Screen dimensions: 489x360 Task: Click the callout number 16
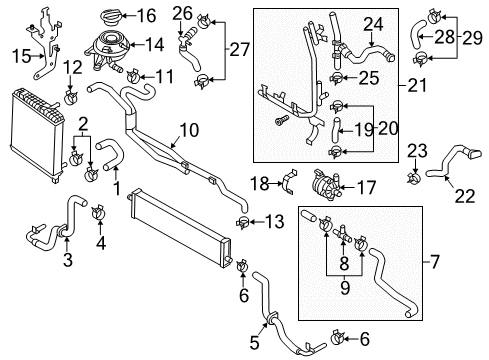pos(147,16)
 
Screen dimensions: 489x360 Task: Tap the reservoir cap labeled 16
pos(111,17)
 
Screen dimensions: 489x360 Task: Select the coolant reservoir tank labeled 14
pos(106,50)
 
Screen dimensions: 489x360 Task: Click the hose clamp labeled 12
pos(71,97)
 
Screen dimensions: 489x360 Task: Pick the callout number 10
pos(189,130)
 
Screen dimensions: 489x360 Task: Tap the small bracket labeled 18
pos(289,182)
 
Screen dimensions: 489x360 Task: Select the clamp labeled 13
pos(243,222)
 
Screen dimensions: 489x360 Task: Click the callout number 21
pos(417,85)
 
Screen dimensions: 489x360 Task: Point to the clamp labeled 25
pos(336,78)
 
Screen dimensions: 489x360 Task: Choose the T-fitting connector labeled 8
pos(342,233)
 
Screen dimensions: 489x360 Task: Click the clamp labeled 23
pos(414,177)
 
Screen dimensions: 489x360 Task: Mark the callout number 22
pos(465,196)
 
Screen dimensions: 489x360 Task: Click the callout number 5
pos(254,342)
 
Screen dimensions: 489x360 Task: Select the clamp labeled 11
pos(134,75)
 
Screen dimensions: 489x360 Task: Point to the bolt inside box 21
pos(281,120)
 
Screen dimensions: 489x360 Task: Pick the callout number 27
pos(240,50)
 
